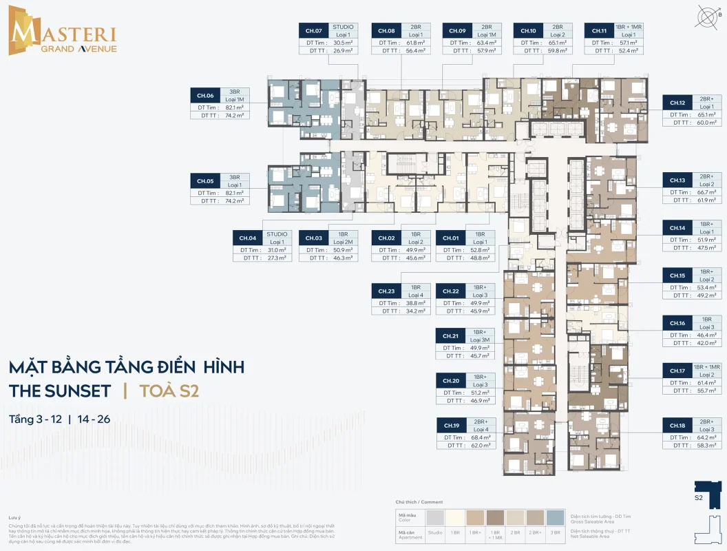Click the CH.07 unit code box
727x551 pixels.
(x=314, y=31)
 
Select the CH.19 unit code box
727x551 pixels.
(x=452, y=426)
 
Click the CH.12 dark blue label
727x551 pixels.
(x=677, y=103)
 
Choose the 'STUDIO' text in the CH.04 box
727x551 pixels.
(x=277, y=234)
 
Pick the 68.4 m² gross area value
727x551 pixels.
(x=481, y=437)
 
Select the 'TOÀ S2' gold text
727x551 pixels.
(x=169, y=391)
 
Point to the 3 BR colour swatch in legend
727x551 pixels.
(x=555, y=518)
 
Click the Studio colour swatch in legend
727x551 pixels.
(x=435, y=518)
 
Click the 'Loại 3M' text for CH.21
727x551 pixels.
(x=480, y=340)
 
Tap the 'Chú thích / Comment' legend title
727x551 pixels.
(x=419, y=502)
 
